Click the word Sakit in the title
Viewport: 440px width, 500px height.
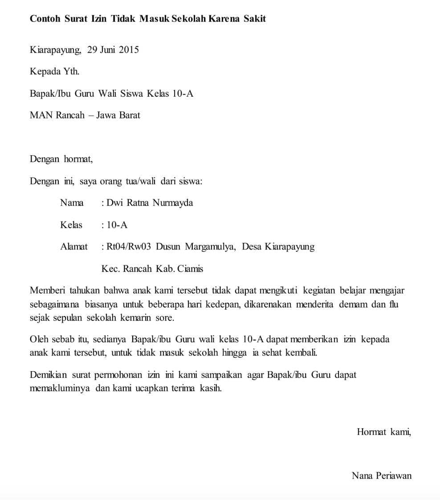point(254,19)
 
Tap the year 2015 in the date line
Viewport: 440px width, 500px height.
point(129,49)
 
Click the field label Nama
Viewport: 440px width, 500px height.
point(72,203)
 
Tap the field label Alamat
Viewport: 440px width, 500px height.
point(74,246)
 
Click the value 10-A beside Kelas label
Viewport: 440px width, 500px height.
point(117,225)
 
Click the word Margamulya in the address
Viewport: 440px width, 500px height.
point(210,246)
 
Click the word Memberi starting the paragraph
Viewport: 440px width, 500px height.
point(47,291)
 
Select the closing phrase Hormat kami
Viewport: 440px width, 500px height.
point(383,431)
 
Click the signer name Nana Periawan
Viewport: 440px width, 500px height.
point(382,475)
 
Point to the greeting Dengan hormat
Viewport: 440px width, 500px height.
point(61,159)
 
